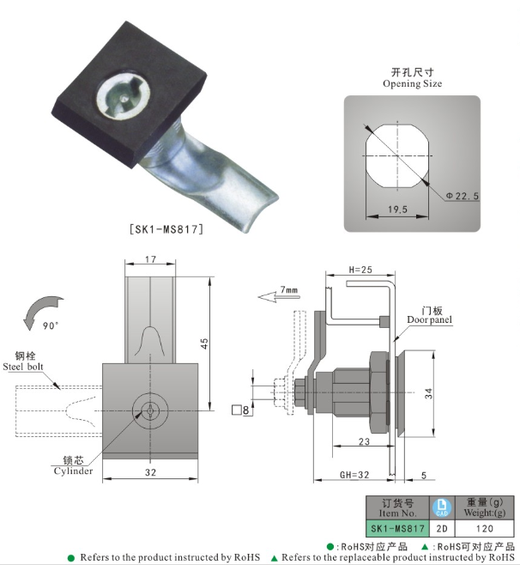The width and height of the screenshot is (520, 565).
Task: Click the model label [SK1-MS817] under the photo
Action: pyautogui.click(x=166, y=230)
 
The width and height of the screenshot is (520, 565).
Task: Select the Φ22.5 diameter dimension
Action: pyautogui.click(x=463, y=197)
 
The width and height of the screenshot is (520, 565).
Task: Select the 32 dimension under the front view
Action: pyautogui.click(x=150, y=473)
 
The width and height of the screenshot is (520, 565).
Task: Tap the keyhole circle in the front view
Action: pyautogui.click(x=150, y=410)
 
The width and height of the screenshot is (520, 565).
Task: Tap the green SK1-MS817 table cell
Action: pyautogui.click(x=396, y=529)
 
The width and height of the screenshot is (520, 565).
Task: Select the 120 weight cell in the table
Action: pyautogui.click(x=483, y=529)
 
